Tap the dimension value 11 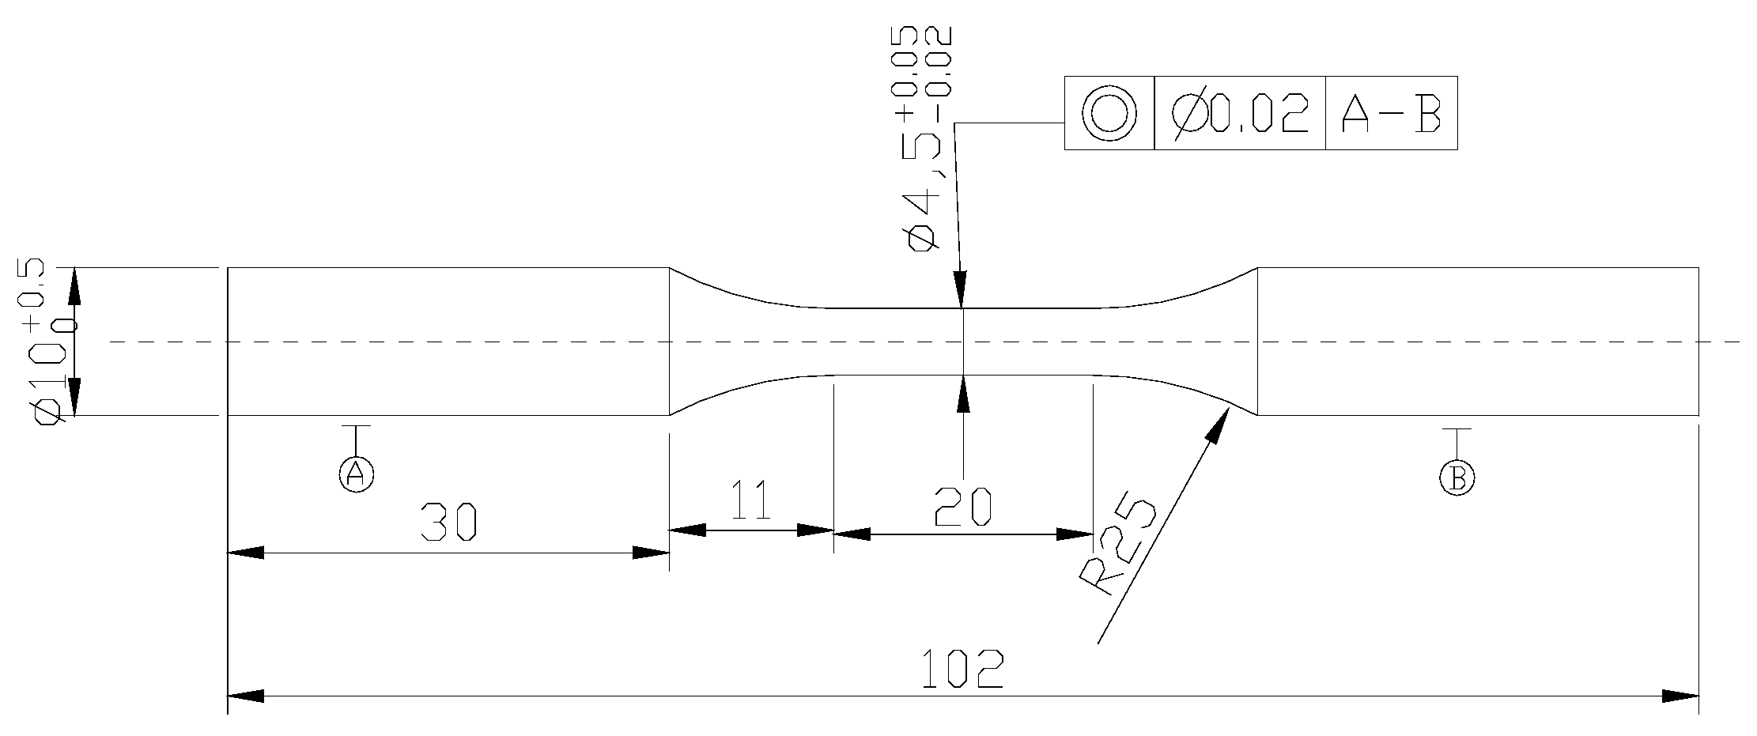751,500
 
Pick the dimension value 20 962,507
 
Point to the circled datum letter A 356,473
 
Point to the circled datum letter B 1457,477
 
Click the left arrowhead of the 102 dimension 245,696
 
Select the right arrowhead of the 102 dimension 1681,696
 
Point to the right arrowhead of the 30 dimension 652,553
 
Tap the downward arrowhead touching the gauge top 960,289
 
